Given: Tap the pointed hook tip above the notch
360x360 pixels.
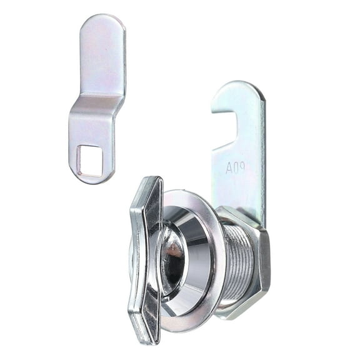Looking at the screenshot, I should click(216, 111).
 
